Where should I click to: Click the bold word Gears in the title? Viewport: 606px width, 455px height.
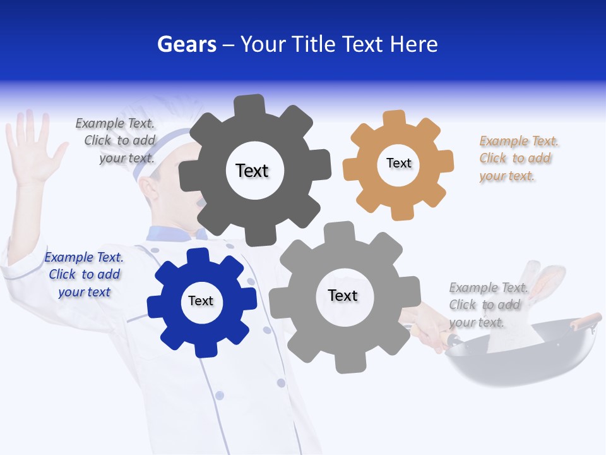pyautogui.click(x=187, y=45)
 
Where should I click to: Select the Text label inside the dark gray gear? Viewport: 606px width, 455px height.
pyautogui.click(x=252, y=171)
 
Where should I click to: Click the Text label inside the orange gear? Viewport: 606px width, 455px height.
pyautogui.click(x=398, y=163)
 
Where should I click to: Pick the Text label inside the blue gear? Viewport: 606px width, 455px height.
pyautogui.click(x=201, y=301)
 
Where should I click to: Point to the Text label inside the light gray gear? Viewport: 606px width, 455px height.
pyautogui.click(x=343, y=295)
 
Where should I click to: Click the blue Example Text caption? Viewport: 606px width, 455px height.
pyautogui.click(x=84, y=274)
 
